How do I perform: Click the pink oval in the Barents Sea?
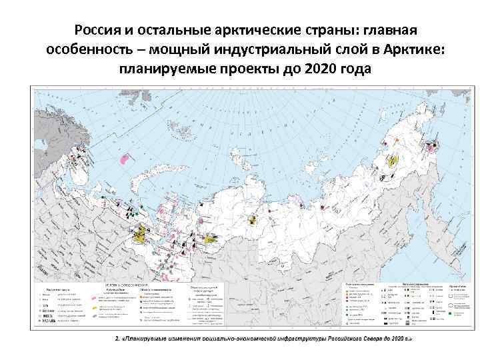click(123, 159)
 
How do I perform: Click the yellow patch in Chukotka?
click(393, 160)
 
